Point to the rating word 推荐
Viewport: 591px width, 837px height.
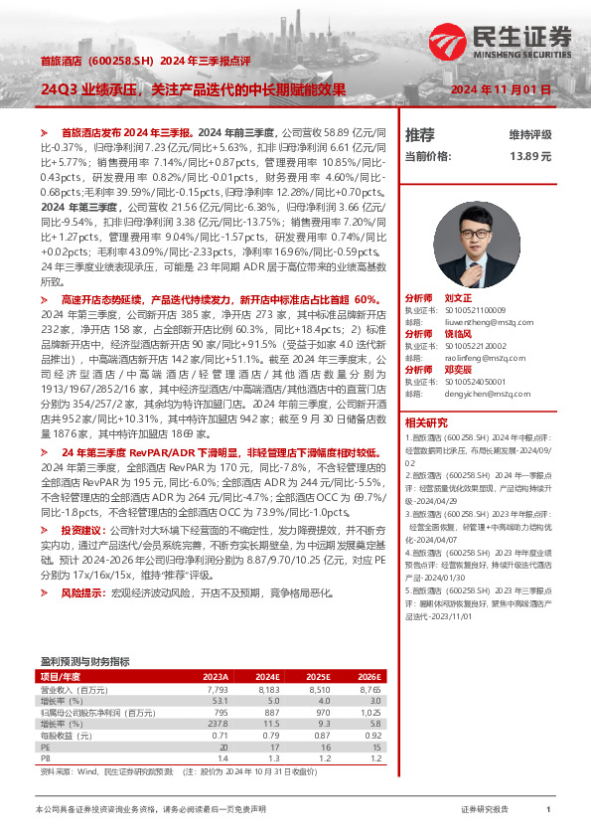click(420, 134)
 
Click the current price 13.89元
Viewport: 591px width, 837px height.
click(529, 156)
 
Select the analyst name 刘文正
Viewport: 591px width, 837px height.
click(458, 298)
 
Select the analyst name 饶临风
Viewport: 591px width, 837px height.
click(458, 334)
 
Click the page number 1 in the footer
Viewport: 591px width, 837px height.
click(548, 810)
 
